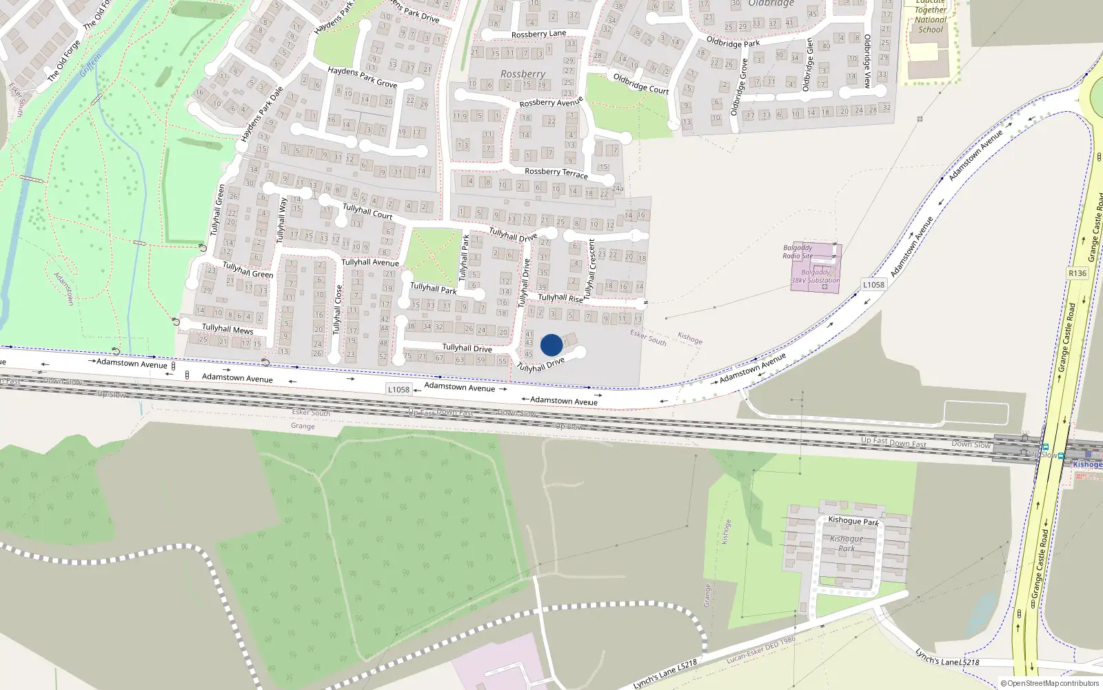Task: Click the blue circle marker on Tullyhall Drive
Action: coord(551,345)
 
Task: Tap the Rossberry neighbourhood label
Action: coord(523,74)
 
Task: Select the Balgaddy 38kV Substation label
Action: coord(816,276)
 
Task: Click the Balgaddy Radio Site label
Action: coord(798,251)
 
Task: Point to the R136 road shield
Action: coord(1077,273)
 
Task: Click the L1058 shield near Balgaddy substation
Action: coord(873,284)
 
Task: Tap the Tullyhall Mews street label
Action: coord(227,329)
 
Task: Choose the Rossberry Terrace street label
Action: coord(556,172)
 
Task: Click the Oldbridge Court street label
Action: coord(641,83)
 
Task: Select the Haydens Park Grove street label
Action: coord(362,77)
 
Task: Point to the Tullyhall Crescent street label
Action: coord(590,269)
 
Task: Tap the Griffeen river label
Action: coord(90,65)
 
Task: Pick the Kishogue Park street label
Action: coord(853,521)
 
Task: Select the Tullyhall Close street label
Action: coord(338,310)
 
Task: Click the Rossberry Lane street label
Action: coord(538,34)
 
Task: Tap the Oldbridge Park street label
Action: coord(733,42)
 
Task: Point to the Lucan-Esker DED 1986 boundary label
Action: coord(760,651)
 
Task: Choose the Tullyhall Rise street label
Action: coord(560,298)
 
